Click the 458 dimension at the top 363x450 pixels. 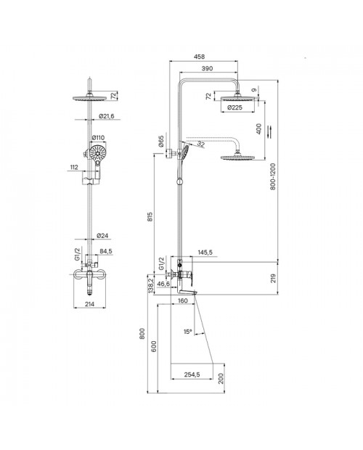click(199, 57)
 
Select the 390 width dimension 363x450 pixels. click(207, 68)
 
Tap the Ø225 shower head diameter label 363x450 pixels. click(234, 107)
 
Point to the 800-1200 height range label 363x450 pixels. click(272, 176)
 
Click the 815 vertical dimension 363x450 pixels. click(150, 217)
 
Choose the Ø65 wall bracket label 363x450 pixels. click(160, 142)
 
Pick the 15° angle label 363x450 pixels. click(187, 332)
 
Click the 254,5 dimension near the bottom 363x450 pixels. click(192, 375)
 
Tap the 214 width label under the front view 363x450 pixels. click(90, 304)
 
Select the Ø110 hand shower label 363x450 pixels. click(98, 138)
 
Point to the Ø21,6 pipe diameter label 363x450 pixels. click(107, 116)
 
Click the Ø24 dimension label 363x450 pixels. click(102, 236)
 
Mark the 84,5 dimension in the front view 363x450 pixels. click(106, 251)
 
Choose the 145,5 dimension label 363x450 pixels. click(205, 253)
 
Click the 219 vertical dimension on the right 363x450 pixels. click(273, 278)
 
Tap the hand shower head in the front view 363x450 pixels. click(98, 153)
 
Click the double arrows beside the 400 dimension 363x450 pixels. click(269, 131)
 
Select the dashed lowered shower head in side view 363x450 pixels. click(237, 157)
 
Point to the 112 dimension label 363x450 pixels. click(74, 168)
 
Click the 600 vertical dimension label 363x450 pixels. click(154, 346)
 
